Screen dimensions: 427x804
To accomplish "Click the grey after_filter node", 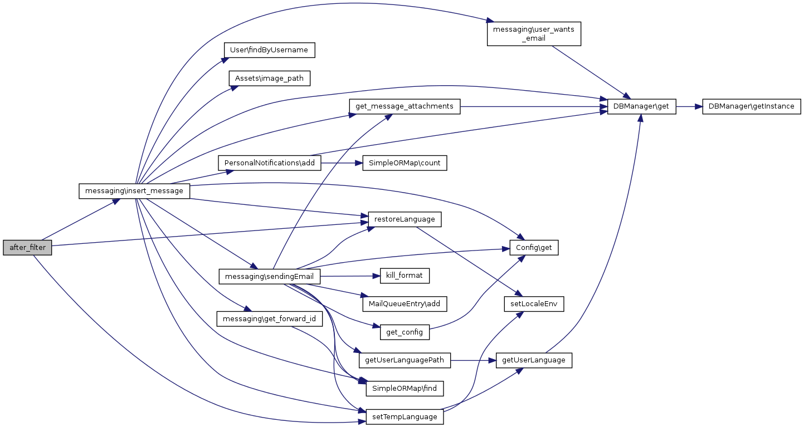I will (27, 248).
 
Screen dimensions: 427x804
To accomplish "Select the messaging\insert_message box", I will (134, 191).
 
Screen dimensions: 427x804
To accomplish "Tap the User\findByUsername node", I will (269, 50).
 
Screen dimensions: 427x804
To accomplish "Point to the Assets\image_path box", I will (269, 78).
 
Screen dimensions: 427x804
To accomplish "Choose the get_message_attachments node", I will (405, 106).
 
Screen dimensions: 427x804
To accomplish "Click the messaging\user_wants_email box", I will (534, 34).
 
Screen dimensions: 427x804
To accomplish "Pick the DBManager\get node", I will (641, 106).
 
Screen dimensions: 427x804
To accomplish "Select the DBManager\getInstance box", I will (752, 106).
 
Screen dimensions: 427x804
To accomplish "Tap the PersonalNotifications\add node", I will (269, 163).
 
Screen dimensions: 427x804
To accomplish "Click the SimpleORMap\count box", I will (405, 163).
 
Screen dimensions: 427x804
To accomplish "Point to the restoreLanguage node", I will (405, 219).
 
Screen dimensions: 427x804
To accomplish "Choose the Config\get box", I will (534, 248).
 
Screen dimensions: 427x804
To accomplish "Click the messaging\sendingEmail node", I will (269, 276).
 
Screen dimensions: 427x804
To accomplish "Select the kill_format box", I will (405, 276).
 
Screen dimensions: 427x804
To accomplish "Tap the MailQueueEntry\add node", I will (405, 304).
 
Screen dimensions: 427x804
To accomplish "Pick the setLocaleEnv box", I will (534, 304).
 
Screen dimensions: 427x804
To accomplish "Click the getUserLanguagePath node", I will (405, 360).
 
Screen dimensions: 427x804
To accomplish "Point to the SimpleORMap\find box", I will (405, 388).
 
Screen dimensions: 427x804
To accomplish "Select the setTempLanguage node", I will (405, 416).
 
